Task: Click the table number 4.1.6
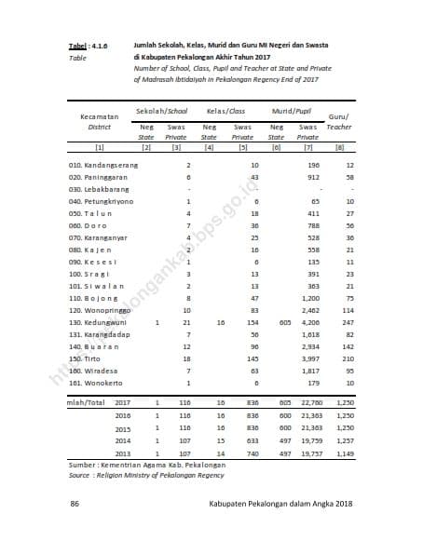click(x=99, y=45)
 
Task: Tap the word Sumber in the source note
click(x=87, y=465)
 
